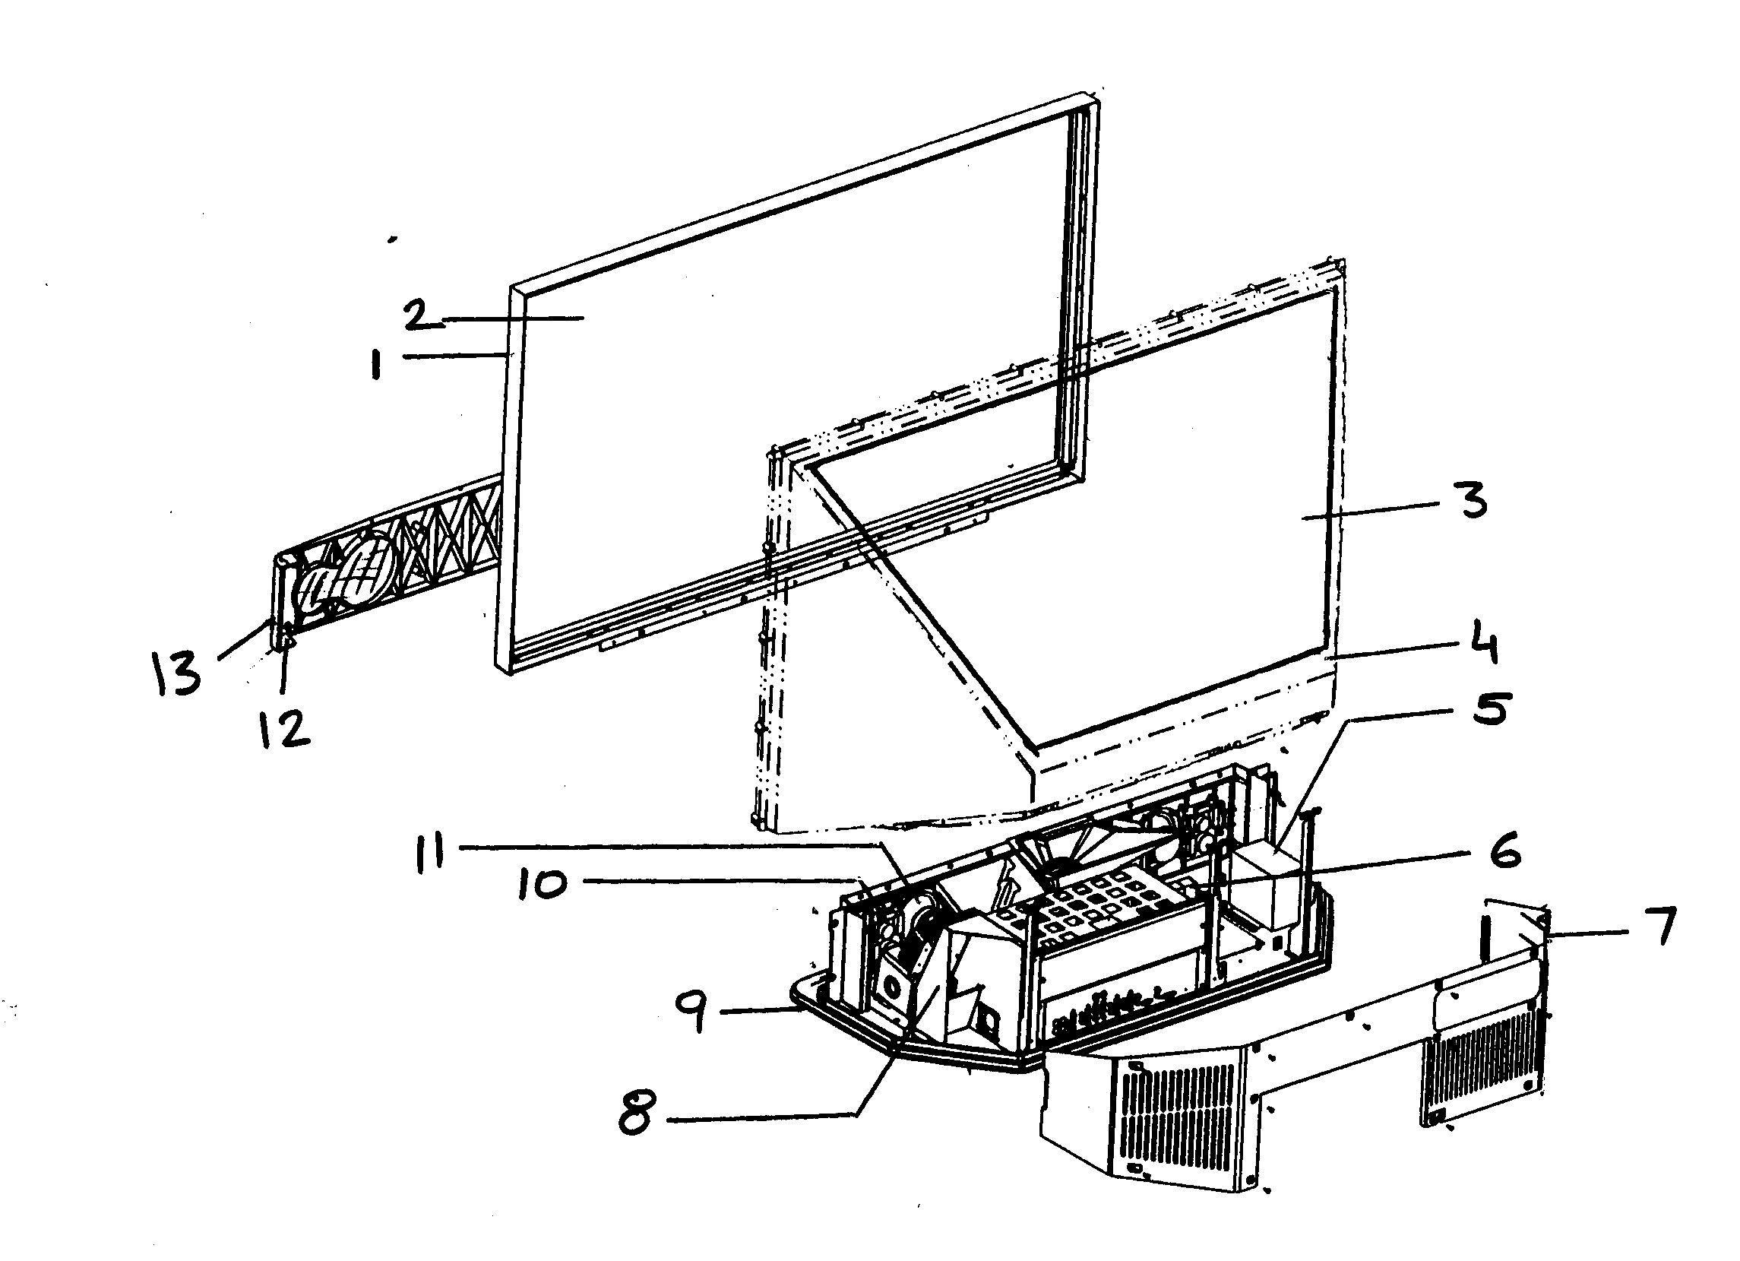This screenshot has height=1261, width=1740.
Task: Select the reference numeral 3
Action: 1472,499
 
